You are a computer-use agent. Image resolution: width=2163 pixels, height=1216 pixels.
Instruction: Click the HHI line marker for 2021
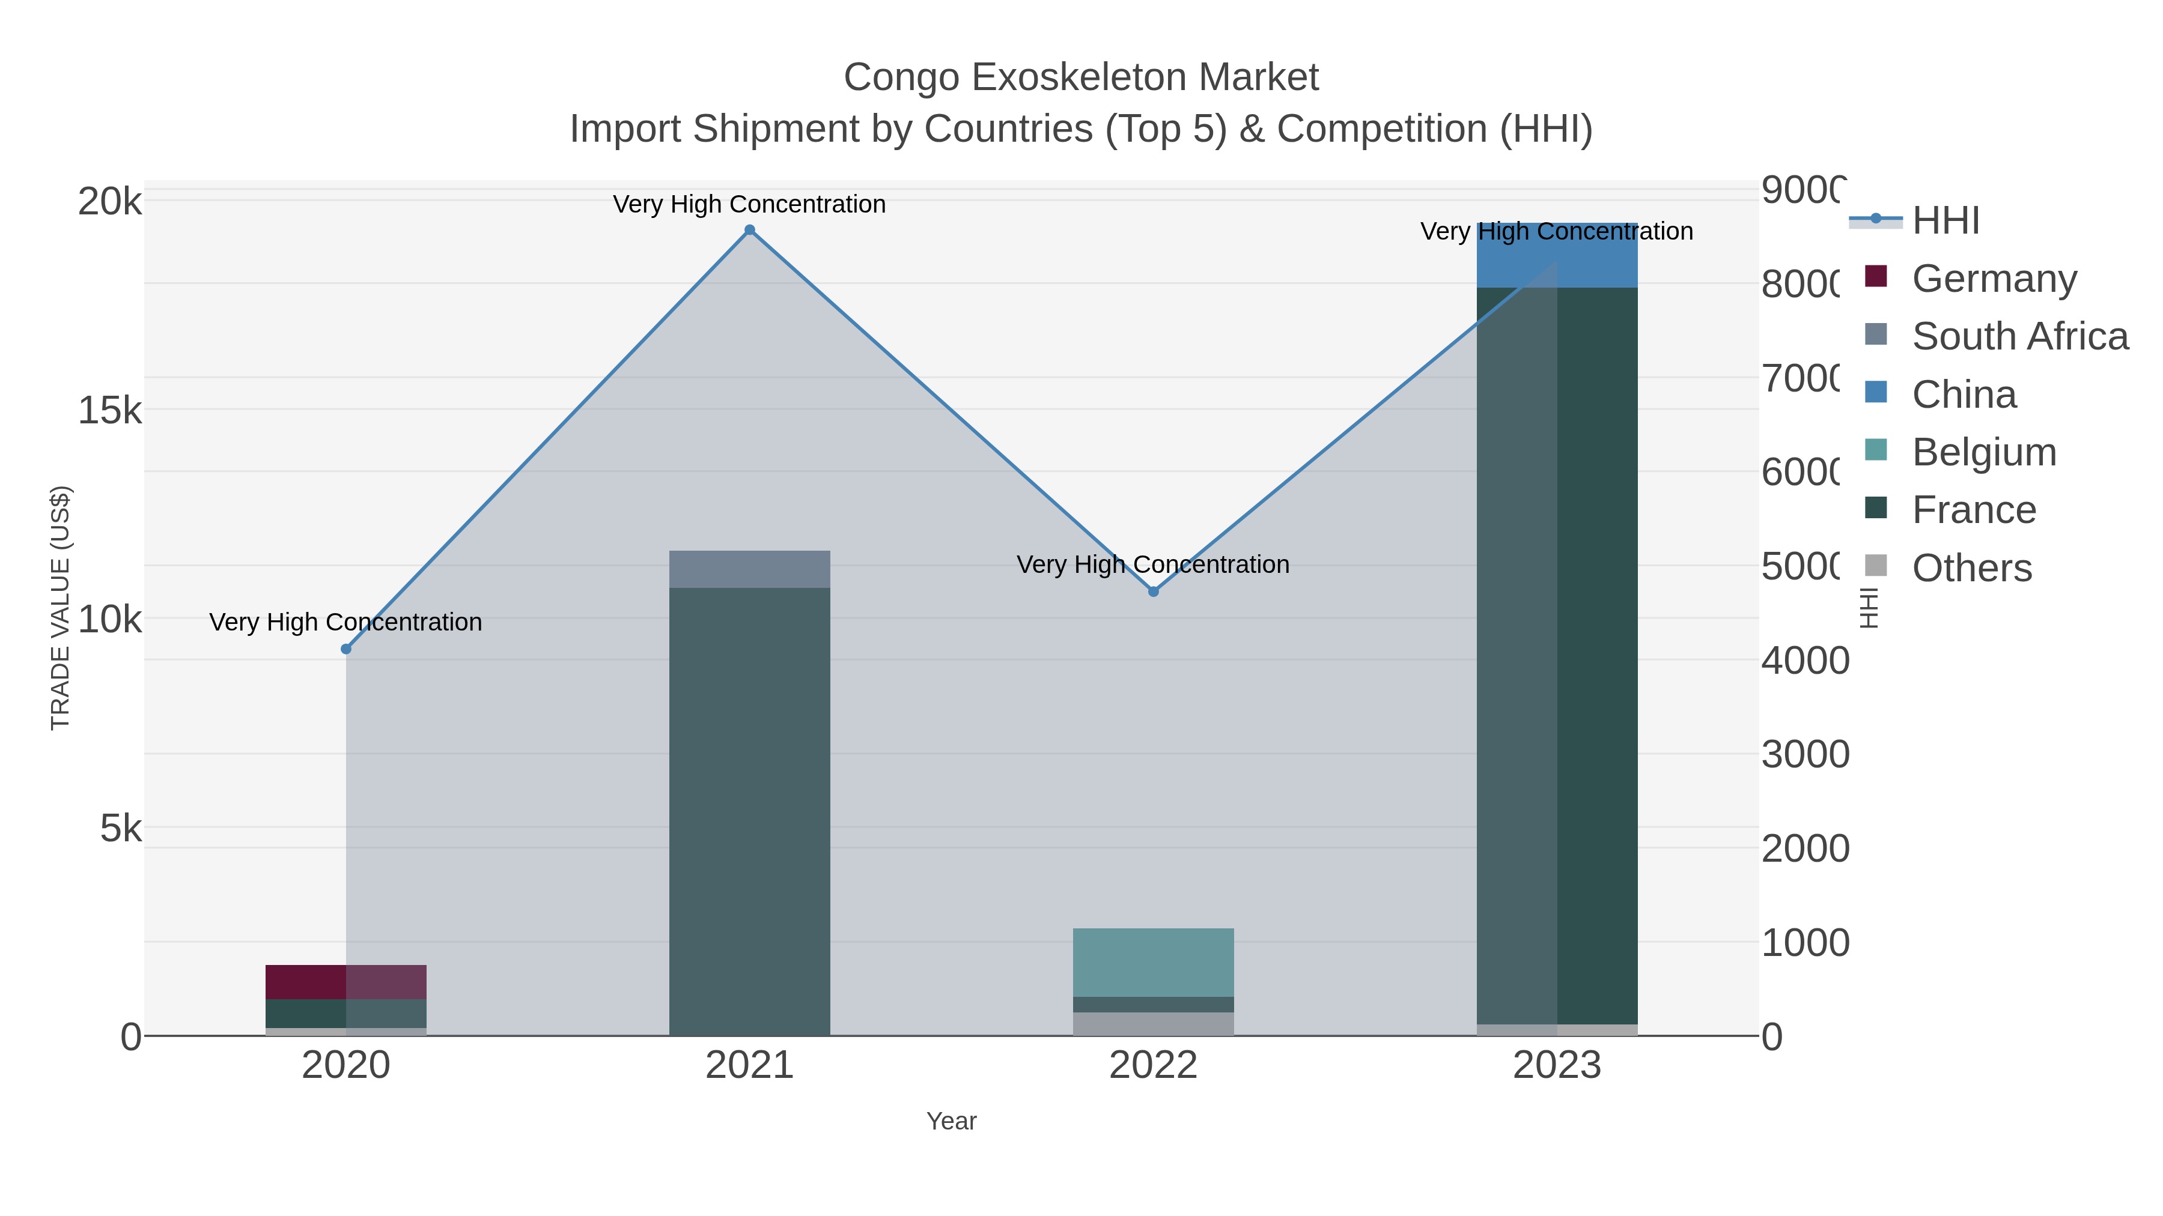click(750, 230)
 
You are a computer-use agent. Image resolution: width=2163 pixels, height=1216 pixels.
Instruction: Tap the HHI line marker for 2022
click(1153, 591)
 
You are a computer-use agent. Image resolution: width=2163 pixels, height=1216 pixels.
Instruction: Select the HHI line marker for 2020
click(346, 649)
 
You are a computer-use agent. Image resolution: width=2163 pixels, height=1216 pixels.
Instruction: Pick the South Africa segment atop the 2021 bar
click(749, 569)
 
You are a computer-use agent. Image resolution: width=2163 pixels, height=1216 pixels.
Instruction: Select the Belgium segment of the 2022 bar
click(1153, 962)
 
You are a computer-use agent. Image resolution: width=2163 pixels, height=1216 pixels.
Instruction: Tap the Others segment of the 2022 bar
click(1153, 1024)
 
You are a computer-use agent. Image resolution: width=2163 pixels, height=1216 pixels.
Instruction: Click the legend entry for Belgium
click(1983, 452)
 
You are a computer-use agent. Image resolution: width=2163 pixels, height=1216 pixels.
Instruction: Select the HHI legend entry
click(1945, 221)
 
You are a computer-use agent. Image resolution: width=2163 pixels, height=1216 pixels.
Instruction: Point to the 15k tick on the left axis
click(109, 410)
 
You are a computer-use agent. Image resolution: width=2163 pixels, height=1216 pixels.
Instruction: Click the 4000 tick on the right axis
click(1804, 661)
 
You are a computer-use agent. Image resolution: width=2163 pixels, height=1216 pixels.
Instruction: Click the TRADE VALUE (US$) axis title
click(61, 608)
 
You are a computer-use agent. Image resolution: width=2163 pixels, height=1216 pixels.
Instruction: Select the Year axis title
click(951, 1121)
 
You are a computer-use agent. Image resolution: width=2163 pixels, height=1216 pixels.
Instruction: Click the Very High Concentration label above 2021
click(749, 204)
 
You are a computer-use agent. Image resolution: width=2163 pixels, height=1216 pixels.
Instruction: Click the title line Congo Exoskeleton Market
click(1081, 77)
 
